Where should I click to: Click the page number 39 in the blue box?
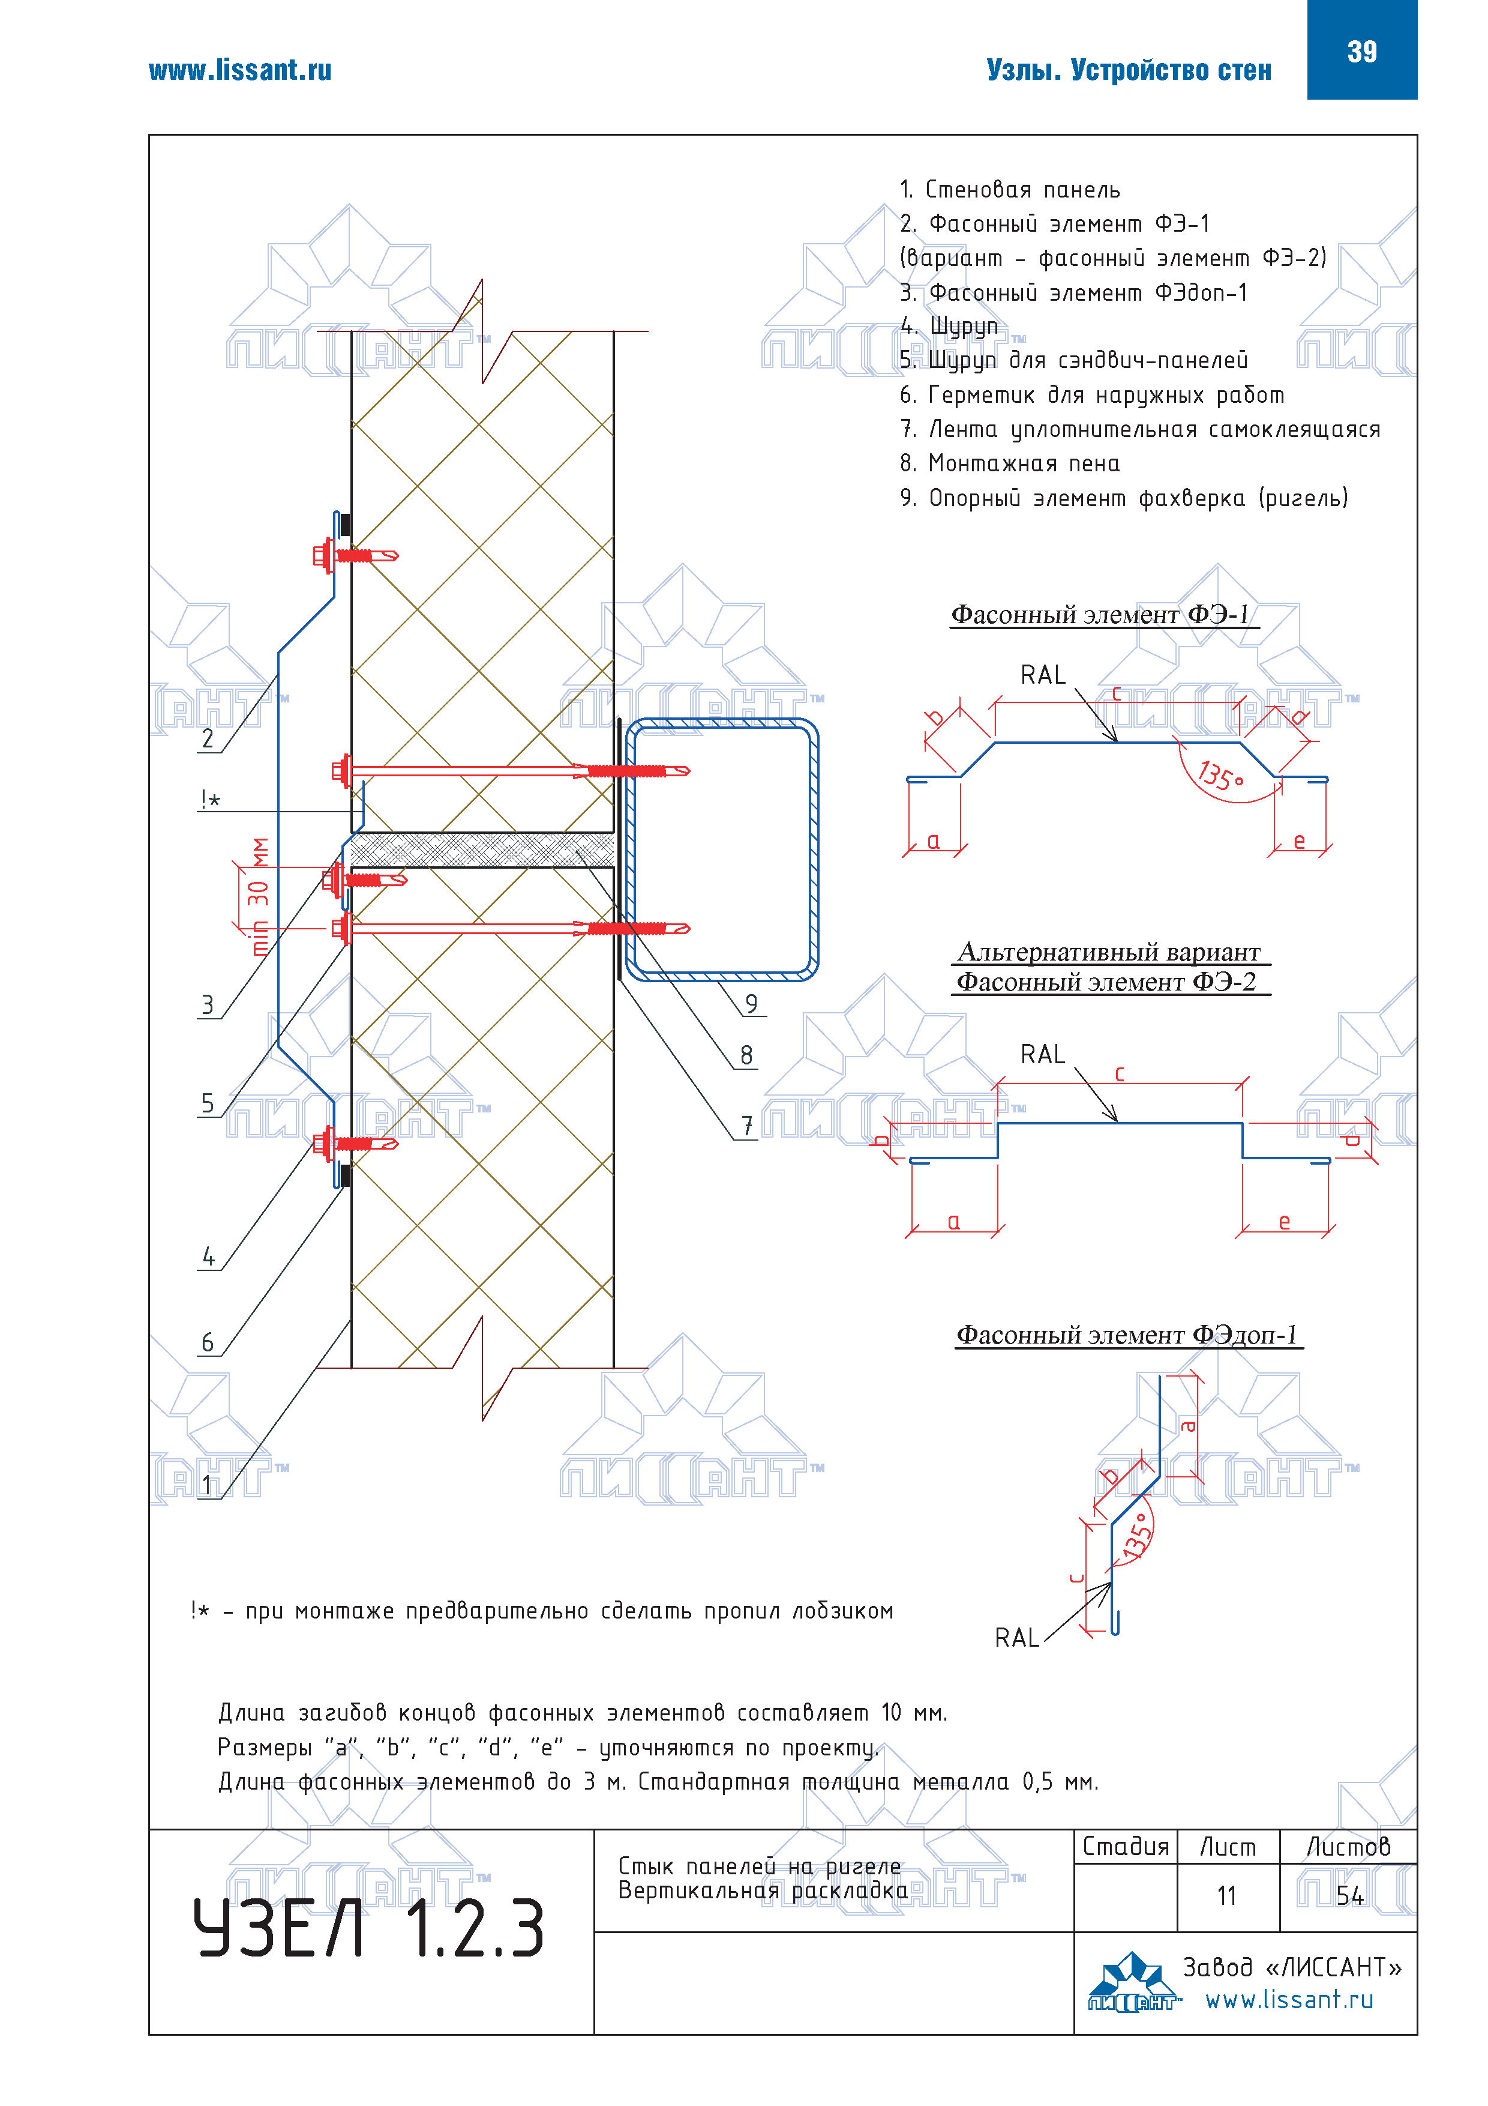click(x=1361, y=52)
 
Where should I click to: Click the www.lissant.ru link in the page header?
click(x=240, y=71)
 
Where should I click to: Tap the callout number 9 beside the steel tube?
click(x=751, y=1003)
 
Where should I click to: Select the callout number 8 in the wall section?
click(x=746, y=1055)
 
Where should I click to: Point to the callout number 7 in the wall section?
click(x=747, y=1126)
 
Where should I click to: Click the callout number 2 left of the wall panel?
click(x=208, y=738)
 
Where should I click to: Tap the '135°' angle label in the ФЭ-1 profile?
click(x=1220, y=776)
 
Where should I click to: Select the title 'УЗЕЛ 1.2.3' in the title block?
click(x=368, y=1928)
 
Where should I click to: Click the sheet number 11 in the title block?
click(x=1227, y=1895)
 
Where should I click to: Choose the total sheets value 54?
click(x=1349, y=1895)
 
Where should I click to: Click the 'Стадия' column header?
click(x=1126, y=1847)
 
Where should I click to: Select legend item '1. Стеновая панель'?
click(x=1009, y=190)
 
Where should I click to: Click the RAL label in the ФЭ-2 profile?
click(x=1042, y=1055)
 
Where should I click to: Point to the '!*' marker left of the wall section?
click(x=210, y=800)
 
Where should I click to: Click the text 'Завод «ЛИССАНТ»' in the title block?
click(x=1291, y=1967)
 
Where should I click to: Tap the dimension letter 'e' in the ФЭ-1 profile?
click(x=1298, y=841)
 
